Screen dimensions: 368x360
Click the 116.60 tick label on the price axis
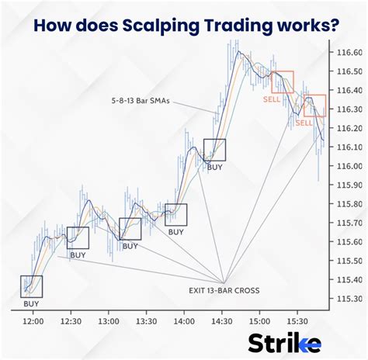pyautogui.click(x=349, y=52)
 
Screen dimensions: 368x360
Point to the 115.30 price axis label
pyautogui.click(x=349, y=299)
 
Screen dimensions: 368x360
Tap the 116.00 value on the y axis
pyautogui.click(x=349, y=166)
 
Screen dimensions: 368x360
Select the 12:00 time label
pyautogui.click(x=33, y=321)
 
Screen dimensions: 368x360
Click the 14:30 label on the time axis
pyautogui.click(x=222, y=321)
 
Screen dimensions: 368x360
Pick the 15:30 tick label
pyautogui.click(x=297, y=321)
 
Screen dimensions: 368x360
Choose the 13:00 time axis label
pyautogui.click(x=109, y=321)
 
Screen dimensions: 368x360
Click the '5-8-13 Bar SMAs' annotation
pyautogui.click(x=141, y=101)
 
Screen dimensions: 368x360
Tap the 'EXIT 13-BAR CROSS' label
pyautogui.click(x=224, y=290)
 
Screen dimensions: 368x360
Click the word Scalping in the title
pyautogui.click(x=161, y=26)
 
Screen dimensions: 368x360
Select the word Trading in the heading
pyautogui.click(x=238, y=26)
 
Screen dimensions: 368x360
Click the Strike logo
pyautogui.click(x=285, y=343)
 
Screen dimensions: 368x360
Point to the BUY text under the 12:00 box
pyautogui.click(x=31, y=304)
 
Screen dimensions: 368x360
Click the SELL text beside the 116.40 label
pyautogui.click(x=272, y=99)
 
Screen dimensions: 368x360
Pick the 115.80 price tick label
pyautogui.click(x=349, y=204)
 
